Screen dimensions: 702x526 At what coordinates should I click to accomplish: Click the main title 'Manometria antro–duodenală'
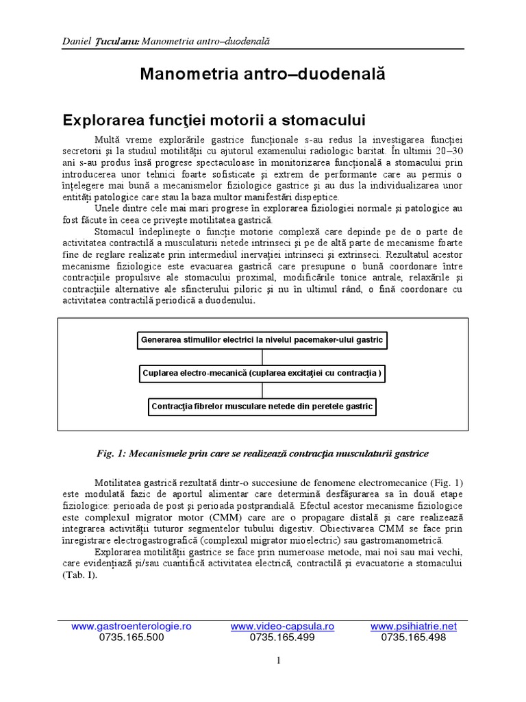tap(262, 73)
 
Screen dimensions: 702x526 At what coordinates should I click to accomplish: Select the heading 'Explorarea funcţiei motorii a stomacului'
tap(214, 120)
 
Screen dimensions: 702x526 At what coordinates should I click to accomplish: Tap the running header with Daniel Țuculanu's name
tap(164, 41)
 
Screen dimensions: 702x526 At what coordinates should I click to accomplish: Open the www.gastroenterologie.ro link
tap(131, 627)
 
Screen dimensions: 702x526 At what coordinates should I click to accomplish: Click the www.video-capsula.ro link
tap(282, 627)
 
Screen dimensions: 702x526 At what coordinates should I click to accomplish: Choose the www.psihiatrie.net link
tap(413, 627)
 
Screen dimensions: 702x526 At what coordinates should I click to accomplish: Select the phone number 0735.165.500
tap(131, 637)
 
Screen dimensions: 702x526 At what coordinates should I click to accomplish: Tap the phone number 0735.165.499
tap(282, 637)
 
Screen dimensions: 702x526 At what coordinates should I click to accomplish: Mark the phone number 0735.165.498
tap(413, 637)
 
